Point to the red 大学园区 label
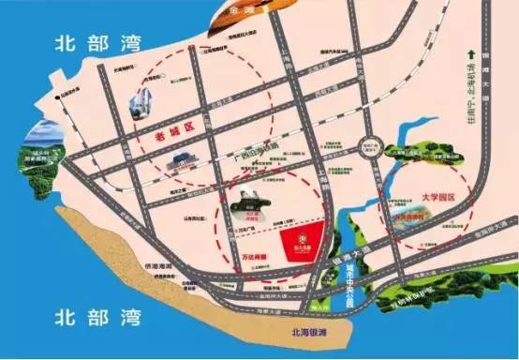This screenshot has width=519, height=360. (414, 200)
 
